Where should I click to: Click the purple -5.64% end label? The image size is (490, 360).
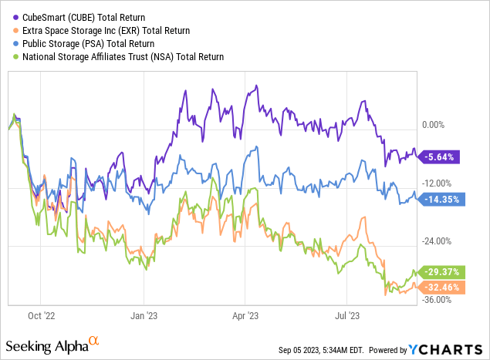[x=440, y=156]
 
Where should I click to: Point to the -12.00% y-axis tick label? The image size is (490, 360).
[x=439, y=183]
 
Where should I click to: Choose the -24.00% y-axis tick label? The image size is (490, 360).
[x=439, y=241]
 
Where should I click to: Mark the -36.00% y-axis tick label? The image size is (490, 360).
[x=439, y=300]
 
